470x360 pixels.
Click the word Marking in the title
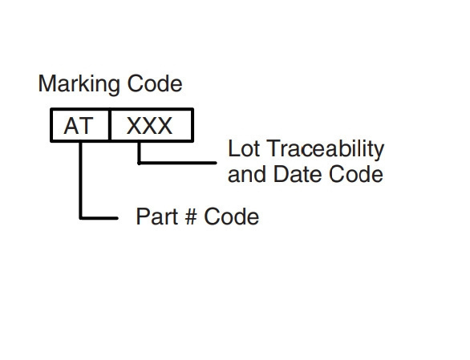[79, 84]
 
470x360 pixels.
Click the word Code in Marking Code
[155, 83]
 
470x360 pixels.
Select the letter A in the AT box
[71, 126]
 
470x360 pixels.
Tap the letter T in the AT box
[86, 126]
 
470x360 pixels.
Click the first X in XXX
[135, 126]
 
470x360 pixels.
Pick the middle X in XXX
[149, 126]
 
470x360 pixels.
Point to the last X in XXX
[165, 126]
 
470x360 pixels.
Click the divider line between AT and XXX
[110, 125]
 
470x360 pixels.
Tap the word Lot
[244, 148]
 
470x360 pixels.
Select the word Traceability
[325, 149]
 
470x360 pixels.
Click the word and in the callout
[246, 174]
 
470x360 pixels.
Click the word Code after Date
[356, 174]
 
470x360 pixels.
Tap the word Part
[156, 216]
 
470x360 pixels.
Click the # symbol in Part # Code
[191, 216]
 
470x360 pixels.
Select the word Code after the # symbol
[232, 216]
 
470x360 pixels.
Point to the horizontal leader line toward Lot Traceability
[177, 163]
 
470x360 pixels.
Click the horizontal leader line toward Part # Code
[99, 218]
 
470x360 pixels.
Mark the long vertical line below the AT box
[81, 180]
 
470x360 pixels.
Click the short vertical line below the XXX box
[139, 152]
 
